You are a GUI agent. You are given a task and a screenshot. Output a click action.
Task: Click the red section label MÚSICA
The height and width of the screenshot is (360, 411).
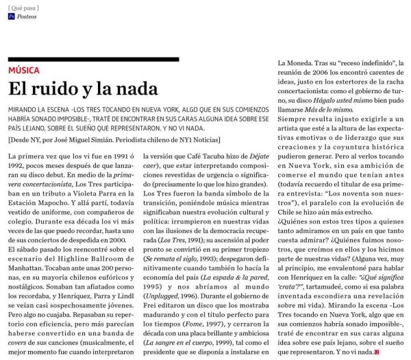pos(24,70)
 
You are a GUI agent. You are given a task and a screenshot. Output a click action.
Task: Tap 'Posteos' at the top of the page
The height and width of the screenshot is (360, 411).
pos(28,16)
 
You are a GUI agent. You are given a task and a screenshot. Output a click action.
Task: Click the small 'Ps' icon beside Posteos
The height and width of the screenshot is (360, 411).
pos(12,16)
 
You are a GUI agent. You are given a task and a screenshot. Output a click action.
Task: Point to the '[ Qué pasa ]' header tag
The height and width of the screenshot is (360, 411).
pos(24,6)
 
